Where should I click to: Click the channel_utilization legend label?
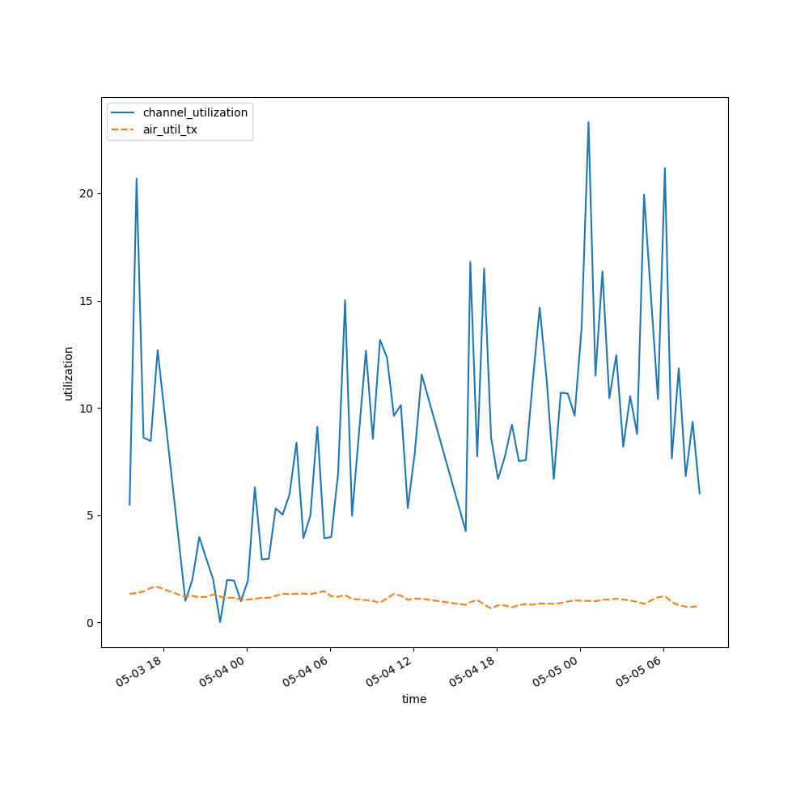[195, 112]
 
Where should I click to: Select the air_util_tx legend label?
[170, 129]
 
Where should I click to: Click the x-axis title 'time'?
[414, 699]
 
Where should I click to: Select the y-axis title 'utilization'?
[69, 373]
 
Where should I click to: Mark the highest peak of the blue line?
[588, 122]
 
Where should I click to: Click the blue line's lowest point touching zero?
[220, 622]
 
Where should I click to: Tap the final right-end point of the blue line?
[700, 493]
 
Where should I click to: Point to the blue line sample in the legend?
[124, 112]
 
